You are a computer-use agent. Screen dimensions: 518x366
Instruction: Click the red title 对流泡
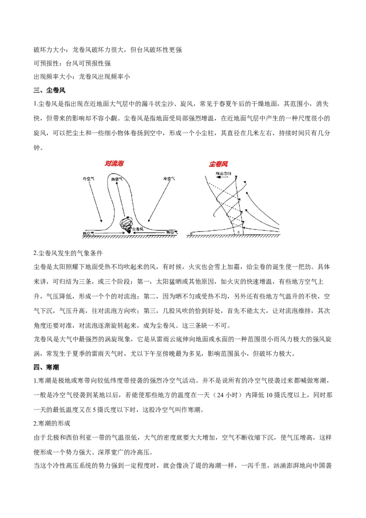click(x=114, y=163)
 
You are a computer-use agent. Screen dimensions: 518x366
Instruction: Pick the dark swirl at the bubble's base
click(x=125, y=224)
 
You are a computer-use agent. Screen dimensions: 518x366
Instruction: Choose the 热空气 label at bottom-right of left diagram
click(x=172, y=232)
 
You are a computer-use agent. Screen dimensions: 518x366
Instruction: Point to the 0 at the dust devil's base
click(x=238, y=232)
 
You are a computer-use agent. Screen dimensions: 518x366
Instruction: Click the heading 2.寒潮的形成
click(x=51, y=423)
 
